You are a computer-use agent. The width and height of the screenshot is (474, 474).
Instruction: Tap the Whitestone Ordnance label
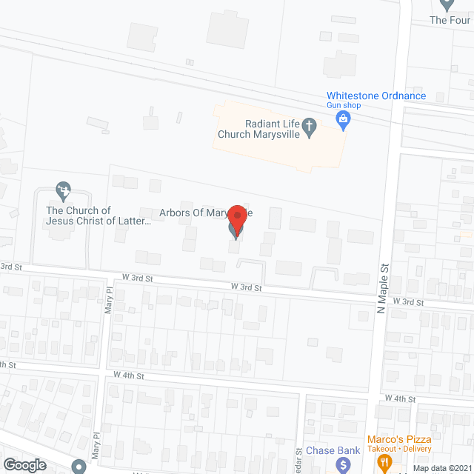[376, 96]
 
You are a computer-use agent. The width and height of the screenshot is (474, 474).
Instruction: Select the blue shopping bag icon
[343, 120]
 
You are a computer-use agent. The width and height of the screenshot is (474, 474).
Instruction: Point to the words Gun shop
[343, 106]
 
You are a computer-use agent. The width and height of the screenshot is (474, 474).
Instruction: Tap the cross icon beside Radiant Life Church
[312, 130]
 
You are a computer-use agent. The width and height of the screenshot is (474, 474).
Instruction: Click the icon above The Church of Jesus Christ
[64, 191]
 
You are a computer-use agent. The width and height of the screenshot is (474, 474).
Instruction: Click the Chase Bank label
[335, 450]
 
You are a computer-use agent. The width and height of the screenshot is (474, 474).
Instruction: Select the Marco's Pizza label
[400, 439]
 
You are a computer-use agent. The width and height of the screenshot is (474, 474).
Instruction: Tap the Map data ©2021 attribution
[441, 468]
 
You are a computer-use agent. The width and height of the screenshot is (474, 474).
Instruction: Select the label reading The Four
[450, 21]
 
